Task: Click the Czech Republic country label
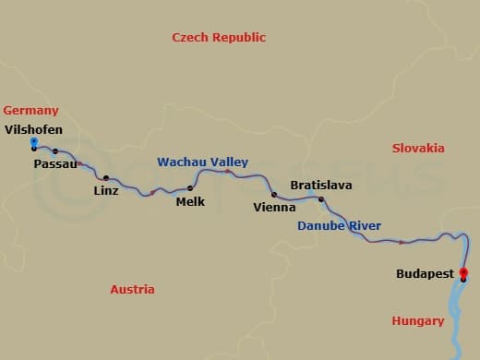pyautogui.click(x=219, y=38)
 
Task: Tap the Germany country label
pyautogui.click(x=30, y=111)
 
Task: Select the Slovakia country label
pyautogui.click(x=418, y=148)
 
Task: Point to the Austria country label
pyautogui.click(x=132, y=289)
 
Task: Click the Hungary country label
pyautogui.click(x=417, y=321)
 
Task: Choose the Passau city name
pyautogui.click(x=54, y=164)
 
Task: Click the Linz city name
pyautogui.click(x=106, y=191)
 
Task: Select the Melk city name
pyautogui.click(x=190, y=201)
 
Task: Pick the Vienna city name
pyautogui.click(x=274, y=208)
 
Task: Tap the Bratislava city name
pyautogui.click(x=321, y=186)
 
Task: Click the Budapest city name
pyautogui.click(x=425, y=274)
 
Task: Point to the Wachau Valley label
pyautogui.click(x=202, y=161)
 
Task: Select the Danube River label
pyautogui.click(x=339, y=226)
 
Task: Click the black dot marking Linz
pyautogui.click(x=106, y=178)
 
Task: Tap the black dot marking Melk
pyautogui.click(x=190, y=188)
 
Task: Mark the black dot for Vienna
pyautogui.click(x=274, y=194)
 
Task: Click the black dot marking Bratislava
pyautogui.click(x=321, y=199)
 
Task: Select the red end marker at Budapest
pyautogui.click(x=463, y=272)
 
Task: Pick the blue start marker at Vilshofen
pyautogui.click(x=34, y=142)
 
